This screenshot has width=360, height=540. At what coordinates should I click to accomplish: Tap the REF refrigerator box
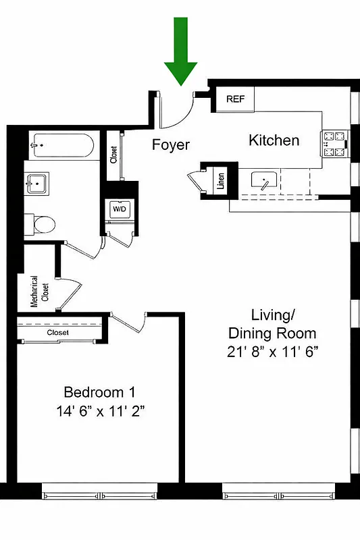[x=235, y=99]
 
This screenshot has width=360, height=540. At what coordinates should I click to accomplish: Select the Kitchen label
[x=274, y=140]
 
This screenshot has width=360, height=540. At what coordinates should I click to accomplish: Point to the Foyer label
[x=170, y=145]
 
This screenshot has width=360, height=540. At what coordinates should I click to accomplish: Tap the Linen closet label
[x=220, y=181]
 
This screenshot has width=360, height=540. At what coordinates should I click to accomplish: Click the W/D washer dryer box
[x=120, y=210]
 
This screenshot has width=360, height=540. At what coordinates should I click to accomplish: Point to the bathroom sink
[x=37, y=182]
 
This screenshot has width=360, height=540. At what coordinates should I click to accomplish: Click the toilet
[x=38, y=223]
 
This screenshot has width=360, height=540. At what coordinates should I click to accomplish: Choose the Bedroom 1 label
[x=94, y=392]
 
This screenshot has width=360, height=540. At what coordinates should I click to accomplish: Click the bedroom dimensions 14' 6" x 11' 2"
[x=105, y=410]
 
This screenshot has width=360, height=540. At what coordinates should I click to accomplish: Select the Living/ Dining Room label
[x=272, y=324]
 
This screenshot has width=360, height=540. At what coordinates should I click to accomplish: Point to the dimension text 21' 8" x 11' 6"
[x=272, y=351]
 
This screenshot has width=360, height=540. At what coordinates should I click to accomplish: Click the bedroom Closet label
[x=59, y=333]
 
